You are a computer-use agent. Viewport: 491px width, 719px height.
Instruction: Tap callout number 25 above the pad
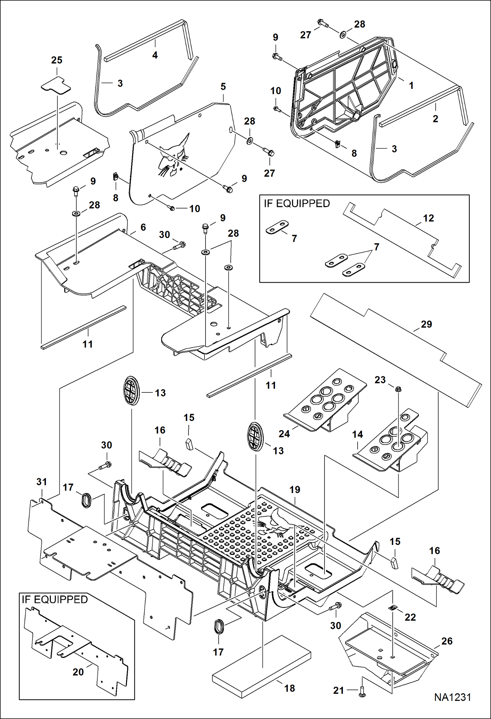click(x=57, y=60)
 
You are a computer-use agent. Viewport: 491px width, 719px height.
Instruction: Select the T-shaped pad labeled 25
click(x=56, y=85)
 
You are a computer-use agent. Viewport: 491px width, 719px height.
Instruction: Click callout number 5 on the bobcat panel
click(x=223, y=87)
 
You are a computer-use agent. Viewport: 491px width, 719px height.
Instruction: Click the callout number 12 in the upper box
click(x=428, y=218)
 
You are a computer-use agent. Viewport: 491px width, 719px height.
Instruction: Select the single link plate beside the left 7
click(x=277, y=227)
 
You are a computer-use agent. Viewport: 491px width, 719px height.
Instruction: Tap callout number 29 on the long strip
click(x=426, y=324)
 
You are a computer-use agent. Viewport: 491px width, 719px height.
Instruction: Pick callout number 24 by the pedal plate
click(x=284, y=434)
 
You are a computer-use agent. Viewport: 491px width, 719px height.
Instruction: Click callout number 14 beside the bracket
click(x=358, y=435)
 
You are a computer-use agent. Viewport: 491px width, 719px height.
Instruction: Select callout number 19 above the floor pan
click(x=295, y=489)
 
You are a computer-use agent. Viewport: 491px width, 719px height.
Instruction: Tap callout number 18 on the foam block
click(x=289, y=688)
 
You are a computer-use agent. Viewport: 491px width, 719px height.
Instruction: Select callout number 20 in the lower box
click(x=78, y=672)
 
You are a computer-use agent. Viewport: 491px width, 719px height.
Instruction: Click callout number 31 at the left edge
click(x=42, y=482)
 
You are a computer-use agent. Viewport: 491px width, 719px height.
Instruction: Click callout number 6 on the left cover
click(x=143, y=227)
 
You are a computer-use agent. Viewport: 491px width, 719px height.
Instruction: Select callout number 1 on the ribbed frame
click(x=411, y=86)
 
